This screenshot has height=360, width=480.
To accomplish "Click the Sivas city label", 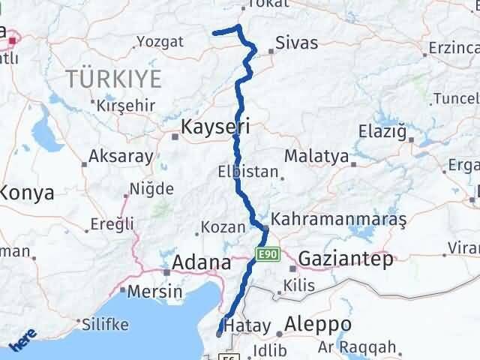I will (297, 43).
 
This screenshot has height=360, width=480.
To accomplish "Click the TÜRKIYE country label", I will (113, 77).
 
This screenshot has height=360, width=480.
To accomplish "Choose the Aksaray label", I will (121, 157).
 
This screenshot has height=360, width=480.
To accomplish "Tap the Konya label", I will (26, 193).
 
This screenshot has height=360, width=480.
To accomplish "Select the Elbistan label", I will (248, 171).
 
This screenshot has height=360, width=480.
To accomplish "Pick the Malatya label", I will (317, 157).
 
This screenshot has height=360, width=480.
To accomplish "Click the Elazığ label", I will (382, 133).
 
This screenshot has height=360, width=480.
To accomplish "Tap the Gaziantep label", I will (346, 259).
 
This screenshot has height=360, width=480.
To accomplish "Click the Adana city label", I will (202, 262).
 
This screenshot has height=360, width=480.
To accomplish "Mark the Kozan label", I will (223, 226).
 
